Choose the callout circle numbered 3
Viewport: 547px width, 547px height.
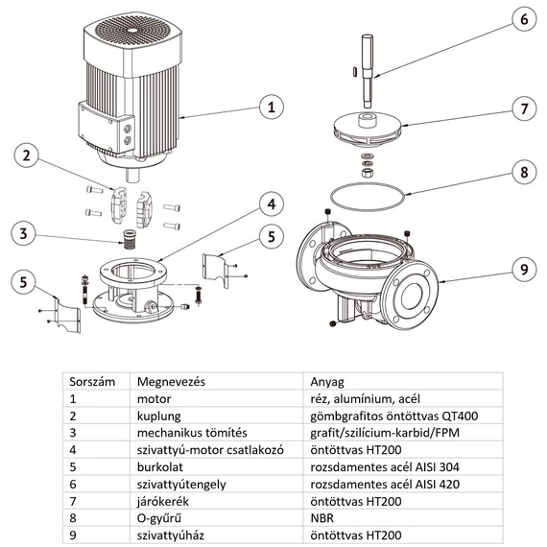pyautogui.click(x=26, y=231)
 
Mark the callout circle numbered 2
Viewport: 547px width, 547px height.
pyautogui.click(x=26, y=156)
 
